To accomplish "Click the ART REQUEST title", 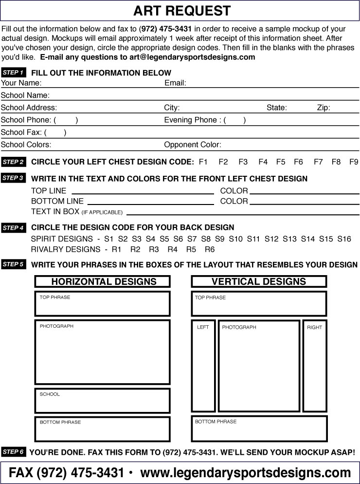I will tap(182, 11).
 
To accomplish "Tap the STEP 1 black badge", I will tap(13, 73).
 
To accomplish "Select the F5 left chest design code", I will tap(281, 162).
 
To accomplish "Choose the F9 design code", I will tap(354, 162).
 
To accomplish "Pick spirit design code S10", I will tap(235, 239).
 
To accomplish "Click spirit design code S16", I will tap(344, 239).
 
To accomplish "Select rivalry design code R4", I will tap(172, 249).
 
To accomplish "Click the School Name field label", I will tap(25, 95).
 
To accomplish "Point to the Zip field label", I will tap(324, 108).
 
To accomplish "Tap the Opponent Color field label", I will tap(193, 145).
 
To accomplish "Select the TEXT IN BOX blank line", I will tap(242, 213).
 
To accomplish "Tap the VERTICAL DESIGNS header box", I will tap(259, 281).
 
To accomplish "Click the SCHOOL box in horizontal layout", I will tap(103, 401).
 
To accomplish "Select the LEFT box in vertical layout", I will tap(203, 366).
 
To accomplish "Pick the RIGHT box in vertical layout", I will tap(315, 366).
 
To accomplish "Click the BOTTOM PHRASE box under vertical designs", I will tap(259, 428).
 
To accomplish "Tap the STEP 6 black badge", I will tap(13, 452).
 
